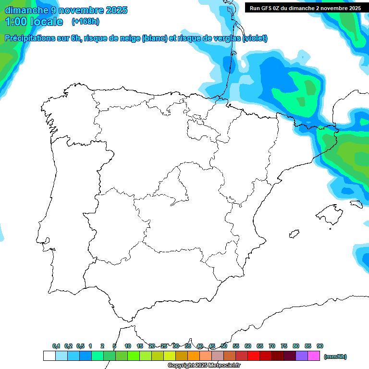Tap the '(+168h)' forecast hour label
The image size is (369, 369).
point(85,21)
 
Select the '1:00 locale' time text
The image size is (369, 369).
point(34,22)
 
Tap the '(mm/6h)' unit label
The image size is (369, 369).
point(335,357)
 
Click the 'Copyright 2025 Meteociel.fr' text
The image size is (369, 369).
point(204,366)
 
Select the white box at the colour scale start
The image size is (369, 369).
point(49,356)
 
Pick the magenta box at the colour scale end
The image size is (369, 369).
point(314,356)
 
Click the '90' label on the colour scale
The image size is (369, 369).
point(320,346)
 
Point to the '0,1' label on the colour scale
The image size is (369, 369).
point(56,346)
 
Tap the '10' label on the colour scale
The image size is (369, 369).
point(128,346)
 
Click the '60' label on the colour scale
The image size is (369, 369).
point(248,346)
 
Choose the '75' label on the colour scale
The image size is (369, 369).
point(284,346)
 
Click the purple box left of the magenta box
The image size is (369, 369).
point(302,356)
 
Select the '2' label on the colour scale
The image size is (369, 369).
point(102,346)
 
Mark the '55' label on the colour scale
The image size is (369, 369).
point(236,346)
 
